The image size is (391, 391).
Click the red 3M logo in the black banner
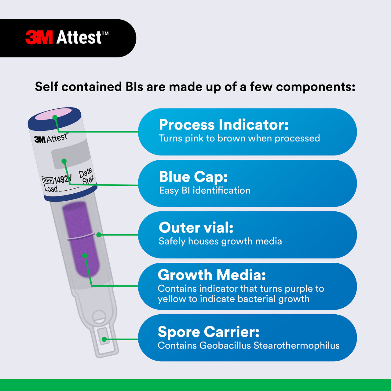click(39, 38)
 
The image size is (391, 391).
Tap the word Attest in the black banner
click(79, 38)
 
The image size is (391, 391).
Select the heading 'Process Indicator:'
click(224, 125)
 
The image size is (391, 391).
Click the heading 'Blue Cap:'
click(193, 177)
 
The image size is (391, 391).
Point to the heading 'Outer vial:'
click(196, 228)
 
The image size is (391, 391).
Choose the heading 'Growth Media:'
click(212, 275)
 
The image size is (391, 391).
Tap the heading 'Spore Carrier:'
click(209, 332)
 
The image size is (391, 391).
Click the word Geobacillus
click(225, 345)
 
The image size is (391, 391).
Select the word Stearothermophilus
click(296, 345)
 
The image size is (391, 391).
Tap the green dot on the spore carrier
click(104, 339)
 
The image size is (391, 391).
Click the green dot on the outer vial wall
click(99, 235)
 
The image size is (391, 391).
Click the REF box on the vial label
click(47, 180)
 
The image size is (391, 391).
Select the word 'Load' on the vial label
click(50, 188)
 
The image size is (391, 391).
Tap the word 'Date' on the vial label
click(85, 173)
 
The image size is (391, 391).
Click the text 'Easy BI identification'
click(205, 191)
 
